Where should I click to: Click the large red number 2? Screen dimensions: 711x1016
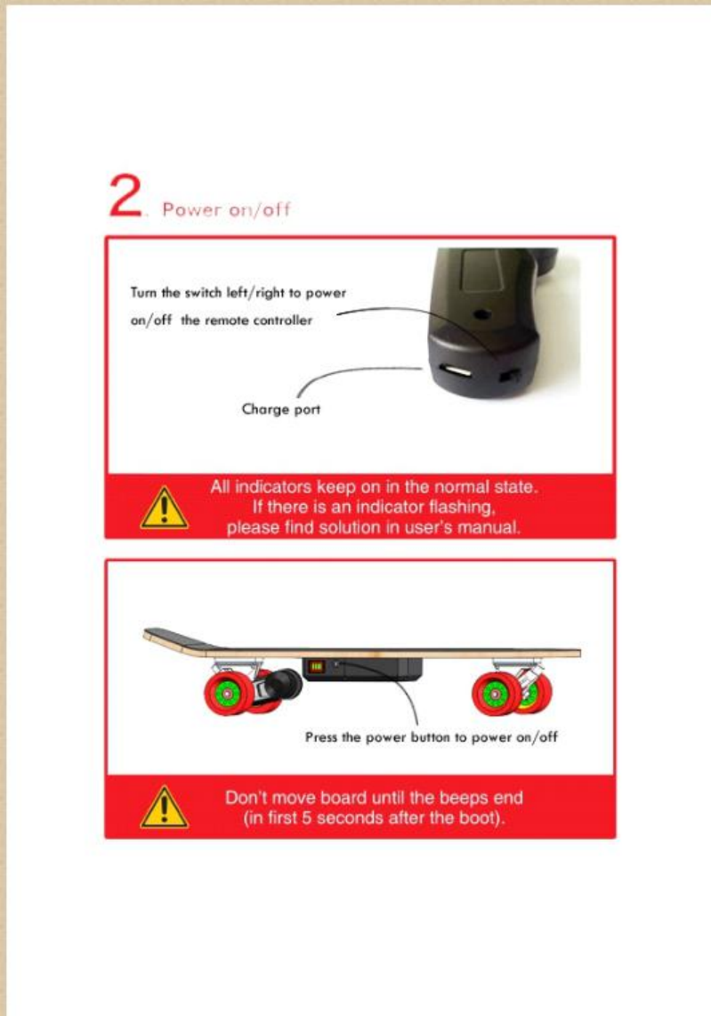click(x=125, y=195)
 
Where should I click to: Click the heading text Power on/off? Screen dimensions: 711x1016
click(x=226, y=209)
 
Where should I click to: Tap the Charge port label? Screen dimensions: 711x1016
click(x=281, y=410)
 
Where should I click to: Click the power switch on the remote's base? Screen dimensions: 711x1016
click(x=510, y=375)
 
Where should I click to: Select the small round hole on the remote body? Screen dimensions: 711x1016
click(x=481, y=315)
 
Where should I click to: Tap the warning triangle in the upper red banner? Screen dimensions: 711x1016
click(x=165, y=508)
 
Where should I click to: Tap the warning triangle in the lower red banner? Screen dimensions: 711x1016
click(x=165, y=808)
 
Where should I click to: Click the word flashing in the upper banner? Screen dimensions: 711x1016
click(x=461, y=507)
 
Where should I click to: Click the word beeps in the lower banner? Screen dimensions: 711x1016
click(x=463, y=798)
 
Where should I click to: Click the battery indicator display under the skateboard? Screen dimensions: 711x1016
click(x=316, y=666)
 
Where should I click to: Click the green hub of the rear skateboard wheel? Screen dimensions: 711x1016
click(x=227, y=695)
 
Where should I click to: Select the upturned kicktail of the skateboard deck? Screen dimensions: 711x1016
click(x=174, y=639)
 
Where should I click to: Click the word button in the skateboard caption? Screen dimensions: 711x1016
click(x=429, y=737)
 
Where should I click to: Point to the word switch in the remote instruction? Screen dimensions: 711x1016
click(x=203, y=292)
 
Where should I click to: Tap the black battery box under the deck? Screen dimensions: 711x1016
click(x=362, y=669)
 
